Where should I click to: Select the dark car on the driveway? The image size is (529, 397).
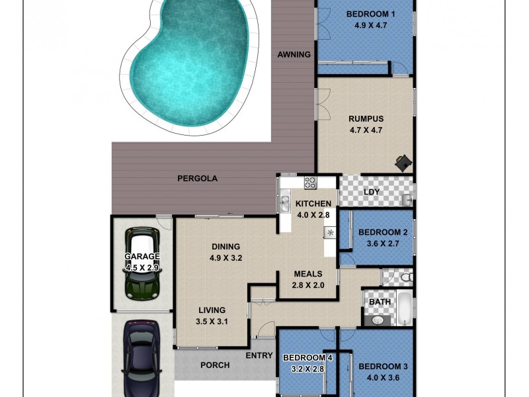142,357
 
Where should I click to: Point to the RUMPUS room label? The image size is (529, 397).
366,119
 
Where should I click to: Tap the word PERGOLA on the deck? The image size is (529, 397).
197,178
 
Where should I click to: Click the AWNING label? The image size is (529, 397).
294,54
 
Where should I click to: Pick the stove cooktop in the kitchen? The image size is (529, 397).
309,183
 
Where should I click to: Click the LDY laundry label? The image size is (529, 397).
372,192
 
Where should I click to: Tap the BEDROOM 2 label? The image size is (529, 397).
383,232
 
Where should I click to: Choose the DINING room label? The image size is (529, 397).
226,247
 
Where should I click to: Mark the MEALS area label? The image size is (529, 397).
307,273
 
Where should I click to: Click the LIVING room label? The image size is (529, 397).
212,310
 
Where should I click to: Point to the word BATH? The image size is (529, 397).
380,301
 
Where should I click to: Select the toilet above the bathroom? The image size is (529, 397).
406,277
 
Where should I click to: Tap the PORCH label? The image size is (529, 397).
215,365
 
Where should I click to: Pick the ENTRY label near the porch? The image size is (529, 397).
259,355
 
